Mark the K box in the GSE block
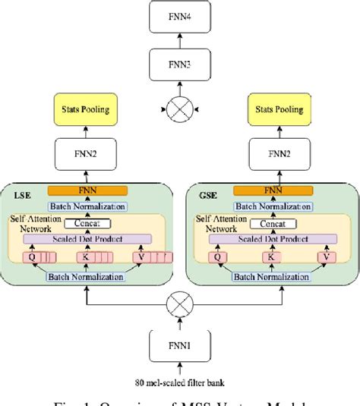(x=270, y=257)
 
